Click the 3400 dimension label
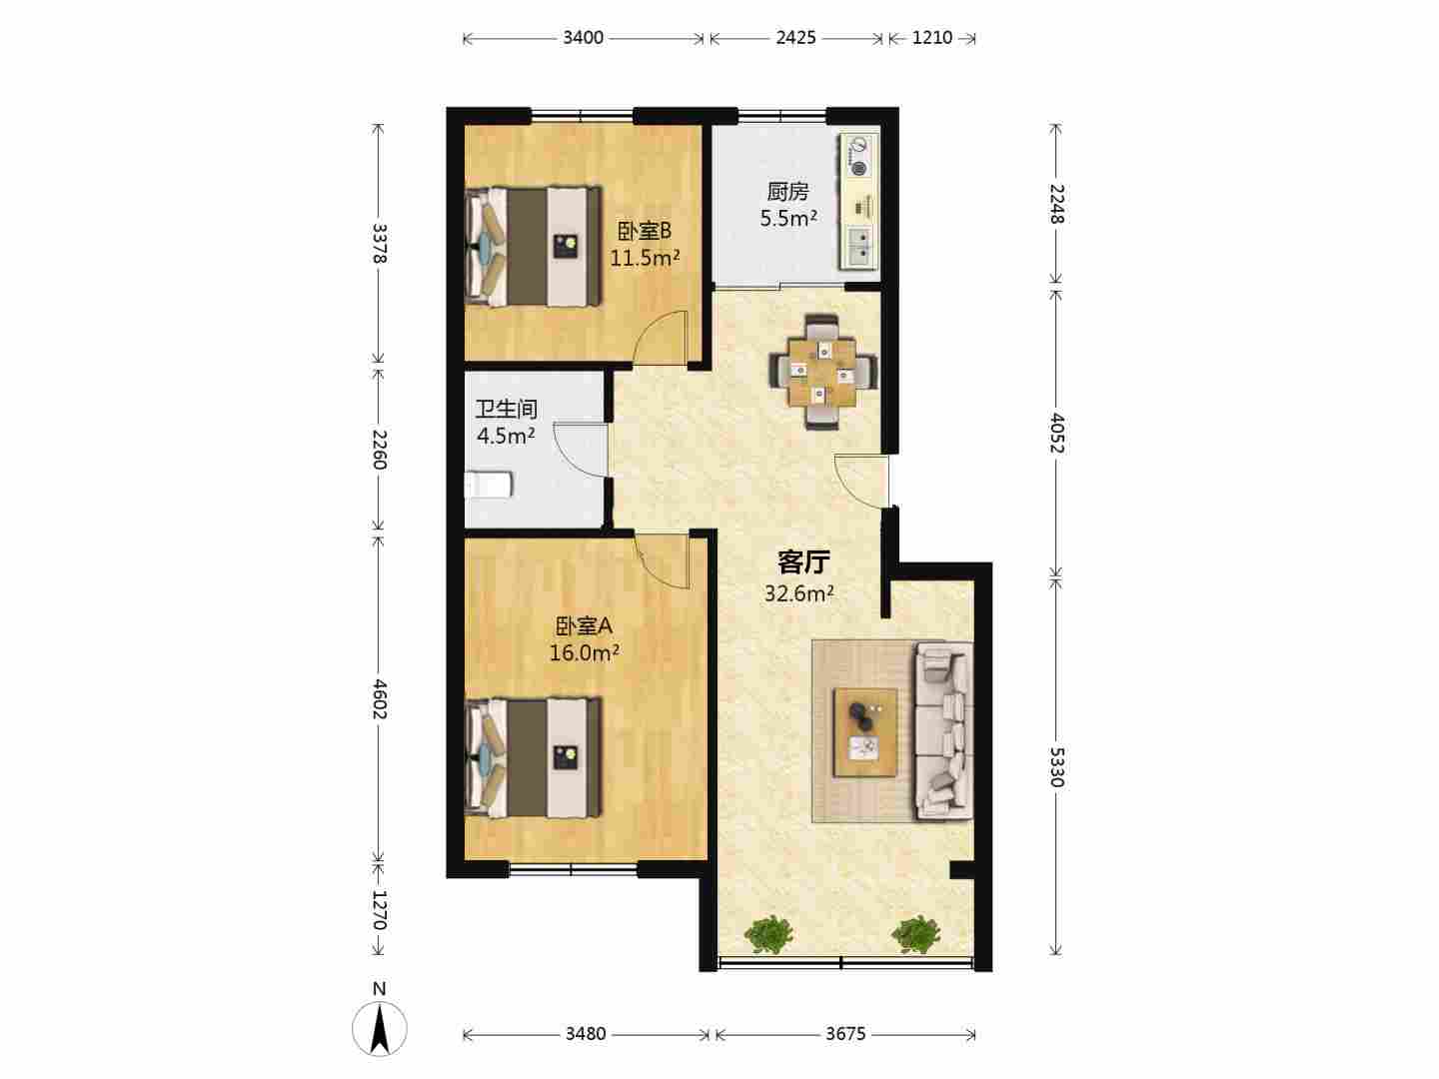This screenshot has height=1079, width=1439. click(583, 38)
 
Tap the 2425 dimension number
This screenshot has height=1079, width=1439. click(795, 38)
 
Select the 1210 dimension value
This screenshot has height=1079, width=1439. click(931, 38)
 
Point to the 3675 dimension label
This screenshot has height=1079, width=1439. click(845, 1034)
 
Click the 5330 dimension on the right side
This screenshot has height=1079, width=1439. click(1056, 767)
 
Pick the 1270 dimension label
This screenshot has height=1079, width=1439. click(379, 909)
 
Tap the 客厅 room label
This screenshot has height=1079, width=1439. click(803, 561)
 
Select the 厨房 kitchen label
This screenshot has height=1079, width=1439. click(788, 191)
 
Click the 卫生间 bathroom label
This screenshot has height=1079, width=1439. click(506, 409)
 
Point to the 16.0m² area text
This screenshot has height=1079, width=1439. click(585, 652)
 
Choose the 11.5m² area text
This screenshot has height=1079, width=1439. click(646, 258)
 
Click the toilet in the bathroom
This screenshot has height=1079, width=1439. click(489, 485)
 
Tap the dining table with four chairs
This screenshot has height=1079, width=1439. click(823, 372)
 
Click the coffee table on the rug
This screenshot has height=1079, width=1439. click(864, 732)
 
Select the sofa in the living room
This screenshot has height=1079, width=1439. click(944, 731)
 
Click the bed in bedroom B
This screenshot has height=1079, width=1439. click(534, 247)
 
